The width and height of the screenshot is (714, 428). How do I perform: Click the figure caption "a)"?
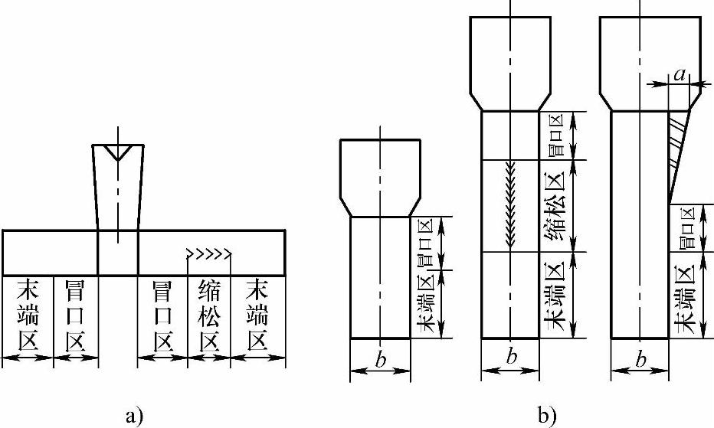tap(133, 417)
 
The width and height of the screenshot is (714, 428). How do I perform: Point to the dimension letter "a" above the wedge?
tap(680, 74)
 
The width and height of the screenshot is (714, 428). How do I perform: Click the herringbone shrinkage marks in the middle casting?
tap(510, 205)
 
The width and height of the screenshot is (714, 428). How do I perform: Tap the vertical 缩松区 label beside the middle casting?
tap(558, 205)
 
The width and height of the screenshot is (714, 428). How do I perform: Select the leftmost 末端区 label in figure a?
tap(28, 314)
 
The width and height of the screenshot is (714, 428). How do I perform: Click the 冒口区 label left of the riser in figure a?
tap(76, 314)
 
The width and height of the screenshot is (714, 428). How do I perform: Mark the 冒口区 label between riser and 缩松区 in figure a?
tap(162, 314)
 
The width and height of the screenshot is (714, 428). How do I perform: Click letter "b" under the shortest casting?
tap(380, 357)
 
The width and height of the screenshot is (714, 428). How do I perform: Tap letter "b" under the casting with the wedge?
tap(640, 357)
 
